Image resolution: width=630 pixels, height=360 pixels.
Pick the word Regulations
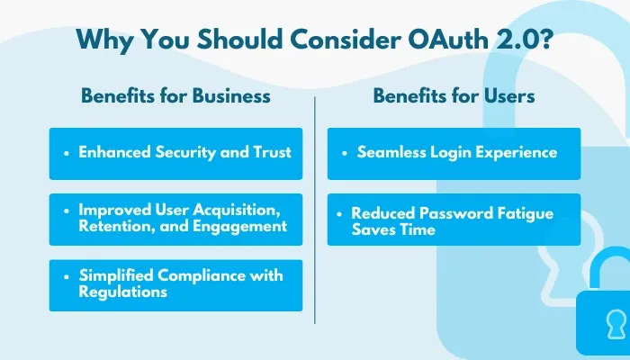click(122, 292)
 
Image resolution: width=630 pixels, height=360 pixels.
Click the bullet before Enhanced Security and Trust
click(67, 153)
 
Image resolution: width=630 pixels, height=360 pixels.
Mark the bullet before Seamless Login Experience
click(346, 153)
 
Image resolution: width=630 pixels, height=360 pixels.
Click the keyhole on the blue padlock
click(614, 320)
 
